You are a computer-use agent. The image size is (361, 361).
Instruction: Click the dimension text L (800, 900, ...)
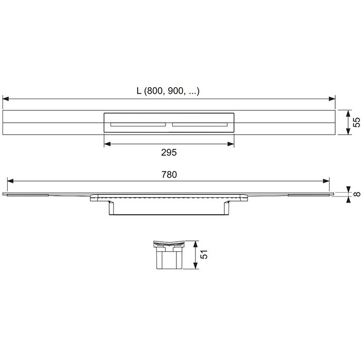click(x=168, y=91)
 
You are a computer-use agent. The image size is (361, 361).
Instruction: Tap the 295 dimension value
click(x=169, y=153)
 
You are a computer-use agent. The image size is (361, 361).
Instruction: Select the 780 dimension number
click(x=169, y=175)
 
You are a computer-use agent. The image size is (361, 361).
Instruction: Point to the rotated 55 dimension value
click(x=356, y=123)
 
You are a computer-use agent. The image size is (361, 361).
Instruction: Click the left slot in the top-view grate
click(x=137, y=124)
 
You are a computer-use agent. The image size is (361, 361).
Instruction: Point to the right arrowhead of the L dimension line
click(x=332, y=98)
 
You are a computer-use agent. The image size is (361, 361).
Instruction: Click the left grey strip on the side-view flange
click(x=28, y=195)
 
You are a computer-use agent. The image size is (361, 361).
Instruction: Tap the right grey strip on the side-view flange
click(x=307, y=195)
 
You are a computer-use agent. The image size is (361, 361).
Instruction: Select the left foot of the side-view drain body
click(x=111, y=208)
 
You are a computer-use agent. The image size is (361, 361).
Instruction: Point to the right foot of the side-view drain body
click(x=227, y=208)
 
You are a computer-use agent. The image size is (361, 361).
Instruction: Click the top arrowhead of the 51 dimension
click(x=195, y=243)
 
